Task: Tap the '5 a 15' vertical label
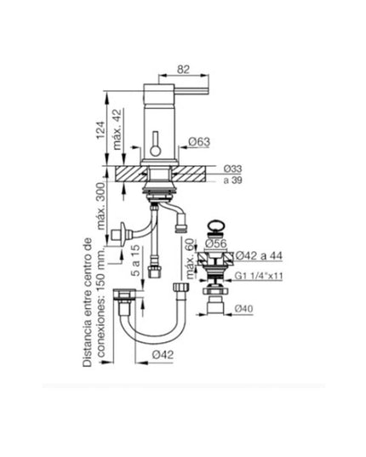pos(134,266)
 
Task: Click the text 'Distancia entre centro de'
pos(89,301)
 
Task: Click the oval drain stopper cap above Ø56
pos(215,228)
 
